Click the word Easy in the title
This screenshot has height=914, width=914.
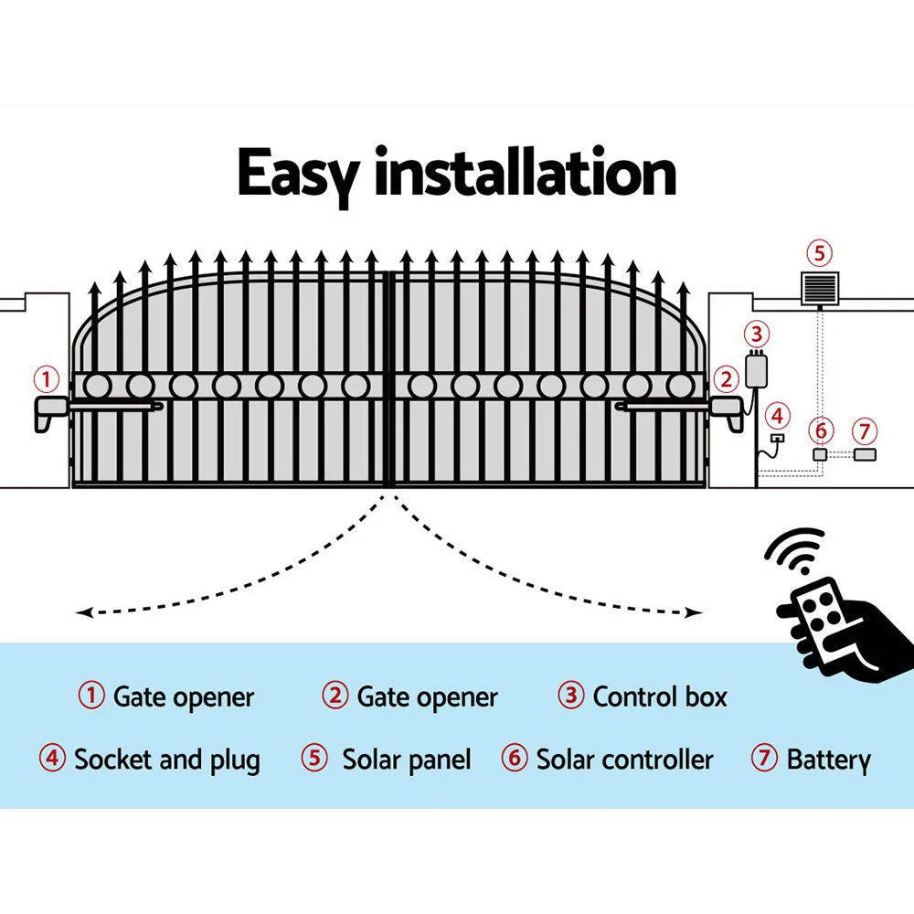pyautogui.click(x=299, y=175)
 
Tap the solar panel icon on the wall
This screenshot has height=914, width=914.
pyautogui.click(x=818, y=290)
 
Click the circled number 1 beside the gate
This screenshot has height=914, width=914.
pyautogui.click(x=47, y=377)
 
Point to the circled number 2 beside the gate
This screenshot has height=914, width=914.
pyautogui.click(x=726, y=377)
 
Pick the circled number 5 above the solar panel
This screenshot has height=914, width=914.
pyautogui.click(x=818, y=252)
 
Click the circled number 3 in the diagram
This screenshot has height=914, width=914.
pyautogui.click(x=756, y=333)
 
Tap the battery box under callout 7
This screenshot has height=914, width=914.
pyautogui.click(x=864, y=454)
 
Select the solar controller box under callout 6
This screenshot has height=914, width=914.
pyautogui.click(x=820, y=454)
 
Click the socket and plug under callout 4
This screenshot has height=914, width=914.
pyautogui.click(x=777, y=439)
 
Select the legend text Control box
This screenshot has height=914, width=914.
pyautogui.click(x=660, y=697)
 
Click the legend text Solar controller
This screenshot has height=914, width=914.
pyautogui.click(x=624, y=760)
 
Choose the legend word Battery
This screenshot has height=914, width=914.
pyautogui.click(x=828, y=760)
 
